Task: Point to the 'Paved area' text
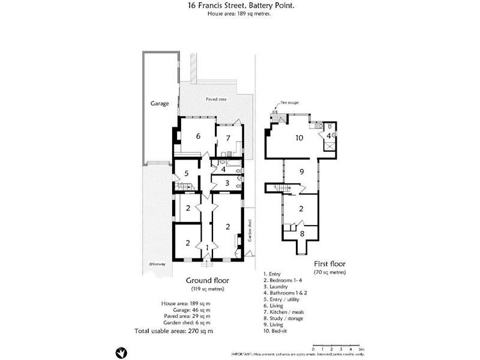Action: [x=215, y=98]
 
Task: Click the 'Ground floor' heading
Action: [x=207, y=280]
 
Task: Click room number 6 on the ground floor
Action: [x=197, y=136]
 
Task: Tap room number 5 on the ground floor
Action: [x=187, y=173]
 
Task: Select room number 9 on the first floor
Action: [x=302, y=172]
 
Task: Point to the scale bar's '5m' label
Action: [x=360, y=349]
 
